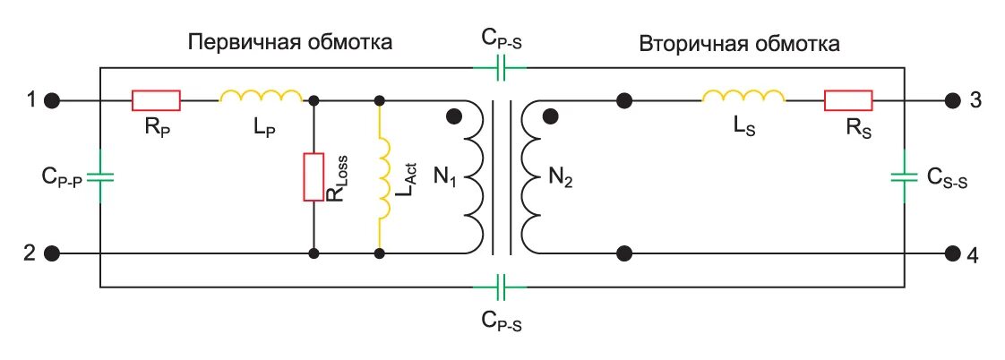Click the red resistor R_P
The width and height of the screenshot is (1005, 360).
pyautogui.click(x=156, y=99)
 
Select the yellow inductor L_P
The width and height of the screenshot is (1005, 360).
pyautogui.click(x=262, y=95)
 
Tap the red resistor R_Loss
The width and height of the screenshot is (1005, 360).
pyautogui.click(x=313, y=177)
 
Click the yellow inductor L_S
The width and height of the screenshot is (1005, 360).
pyautogui.click(x=743, y=95)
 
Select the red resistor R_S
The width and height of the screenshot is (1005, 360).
pyautogui.click(x=848, y=99)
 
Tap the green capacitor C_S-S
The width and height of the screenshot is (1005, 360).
pyautogui.click(x=904, y=176)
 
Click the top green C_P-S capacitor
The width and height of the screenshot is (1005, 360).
pyautogui.click(x=502, y=65)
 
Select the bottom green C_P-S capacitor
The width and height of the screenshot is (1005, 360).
pyautogui.click(x=502, y=287)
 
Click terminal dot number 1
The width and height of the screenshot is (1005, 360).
pyautogui.click(x=52, y=99)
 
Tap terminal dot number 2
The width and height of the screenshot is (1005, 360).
pyautogui.click(x=52, y=253)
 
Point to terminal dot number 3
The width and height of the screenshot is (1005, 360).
pyautogui.click(x=952, y=99)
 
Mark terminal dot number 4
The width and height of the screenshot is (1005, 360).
pyautogui.click(x=952, y=253)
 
